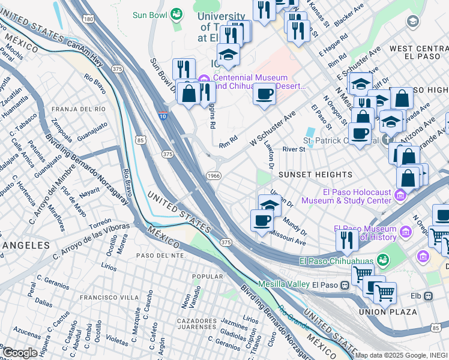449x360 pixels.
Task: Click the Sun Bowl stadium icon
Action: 176,13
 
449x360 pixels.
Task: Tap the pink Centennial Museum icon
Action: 203,79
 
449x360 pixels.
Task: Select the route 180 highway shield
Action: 89,19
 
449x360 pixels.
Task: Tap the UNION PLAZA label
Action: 388,312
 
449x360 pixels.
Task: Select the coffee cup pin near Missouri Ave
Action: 261,221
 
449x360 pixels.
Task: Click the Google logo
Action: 20,353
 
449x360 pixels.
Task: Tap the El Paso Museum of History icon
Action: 406,232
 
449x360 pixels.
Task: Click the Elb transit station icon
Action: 429,296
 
